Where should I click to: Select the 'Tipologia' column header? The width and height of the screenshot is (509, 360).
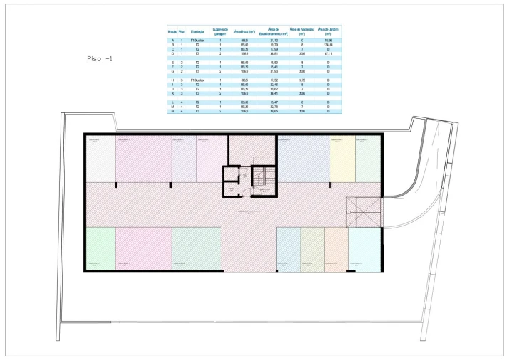click(198, 32)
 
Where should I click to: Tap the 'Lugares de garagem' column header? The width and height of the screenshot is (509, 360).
click(220, 32)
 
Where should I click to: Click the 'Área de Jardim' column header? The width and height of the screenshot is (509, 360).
click(327, 32)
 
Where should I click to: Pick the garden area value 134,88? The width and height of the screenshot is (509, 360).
click(327, 44)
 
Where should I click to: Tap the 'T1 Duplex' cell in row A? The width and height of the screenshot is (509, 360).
click(198, 41)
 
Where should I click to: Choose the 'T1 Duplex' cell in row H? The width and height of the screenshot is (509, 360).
click(198, 80)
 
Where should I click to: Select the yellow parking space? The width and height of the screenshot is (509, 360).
click(342, 159)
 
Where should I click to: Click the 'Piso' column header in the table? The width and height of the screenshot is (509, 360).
click(182, 32)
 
